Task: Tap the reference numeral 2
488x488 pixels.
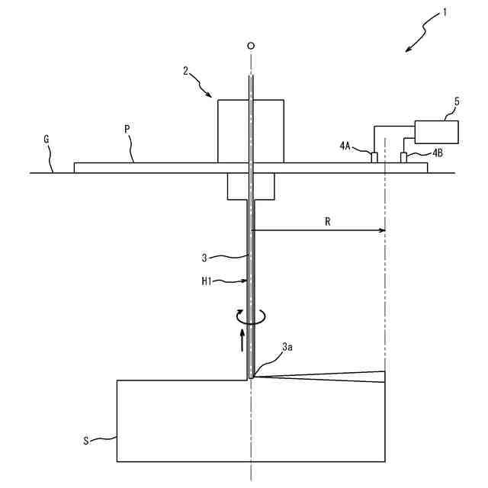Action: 186,70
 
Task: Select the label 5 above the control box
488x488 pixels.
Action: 457,101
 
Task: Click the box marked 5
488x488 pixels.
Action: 435,132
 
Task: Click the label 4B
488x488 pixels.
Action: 437,152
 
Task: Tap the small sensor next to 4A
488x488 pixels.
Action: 374,158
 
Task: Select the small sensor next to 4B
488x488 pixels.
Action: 403,158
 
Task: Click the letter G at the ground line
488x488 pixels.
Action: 46,140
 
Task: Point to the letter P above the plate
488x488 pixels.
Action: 127,130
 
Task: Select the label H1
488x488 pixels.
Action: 207,281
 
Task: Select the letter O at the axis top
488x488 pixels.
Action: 250,44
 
